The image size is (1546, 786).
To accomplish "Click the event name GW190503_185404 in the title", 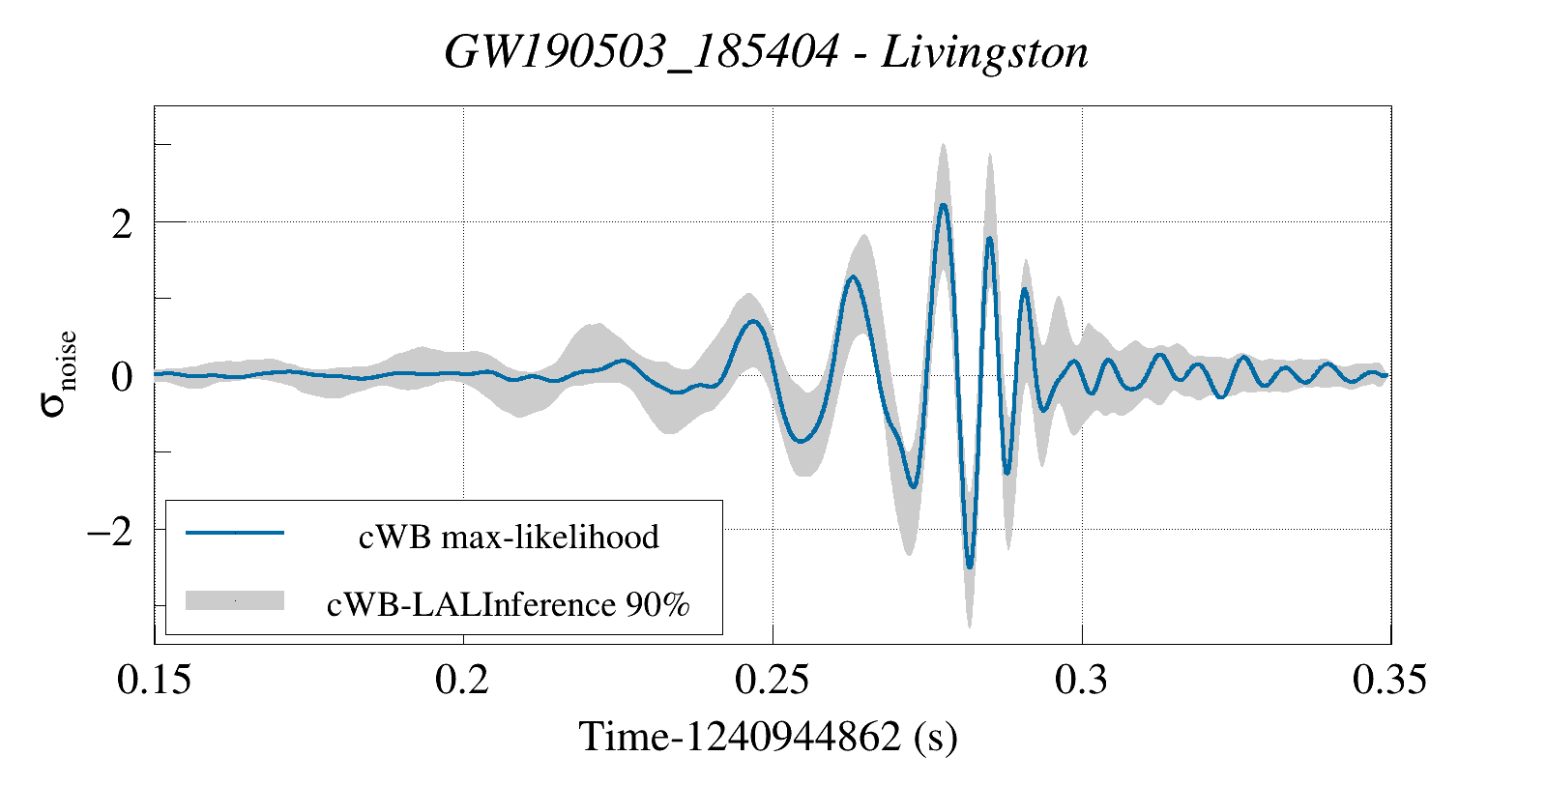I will tap(641, 52).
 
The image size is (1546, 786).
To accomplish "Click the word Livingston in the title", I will tap(985, 52).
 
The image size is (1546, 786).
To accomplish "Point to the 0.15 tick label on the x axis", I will tap(154, 680).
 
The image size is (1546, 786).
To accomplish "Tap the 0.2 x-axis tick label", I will tap(463, 680).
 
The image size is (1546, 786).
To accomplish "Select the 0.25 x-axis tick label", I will tap(772, 680).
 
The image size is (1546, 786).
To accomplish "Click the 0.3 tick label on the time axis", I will tap(1081, 680).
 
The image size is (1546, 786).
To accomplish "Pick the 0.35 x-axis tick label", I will tap(1389, 680).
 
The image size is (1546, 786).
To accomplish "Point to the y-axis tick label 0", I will tap(122, 377).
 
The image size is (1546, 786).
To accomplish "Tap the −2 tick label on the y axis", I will tap(109, 531).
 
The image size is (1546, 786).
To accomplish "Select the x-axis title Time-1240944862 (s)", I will tap(768, 737).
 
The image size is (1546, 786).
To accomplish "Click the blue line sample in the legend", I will tap(235, 533).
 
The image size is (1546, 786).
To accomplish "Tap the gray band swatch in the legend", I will tap(235, 600).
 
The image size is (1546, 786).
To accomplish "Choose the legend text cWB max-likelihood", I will tap(509, 537).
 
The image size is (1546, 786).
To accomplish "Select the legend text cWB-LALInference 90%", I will tap(509, 604).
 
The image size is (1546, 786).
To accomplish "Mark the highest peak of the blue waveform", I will tap(944, 205).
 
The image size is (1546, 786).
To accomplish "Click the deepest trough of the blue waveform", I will tap(970, 568).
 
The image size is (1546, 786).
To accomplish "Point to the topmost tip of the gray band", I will tap(943, 144).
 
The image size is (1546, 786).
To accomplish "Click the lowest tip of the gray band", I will tap(969, 626).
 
